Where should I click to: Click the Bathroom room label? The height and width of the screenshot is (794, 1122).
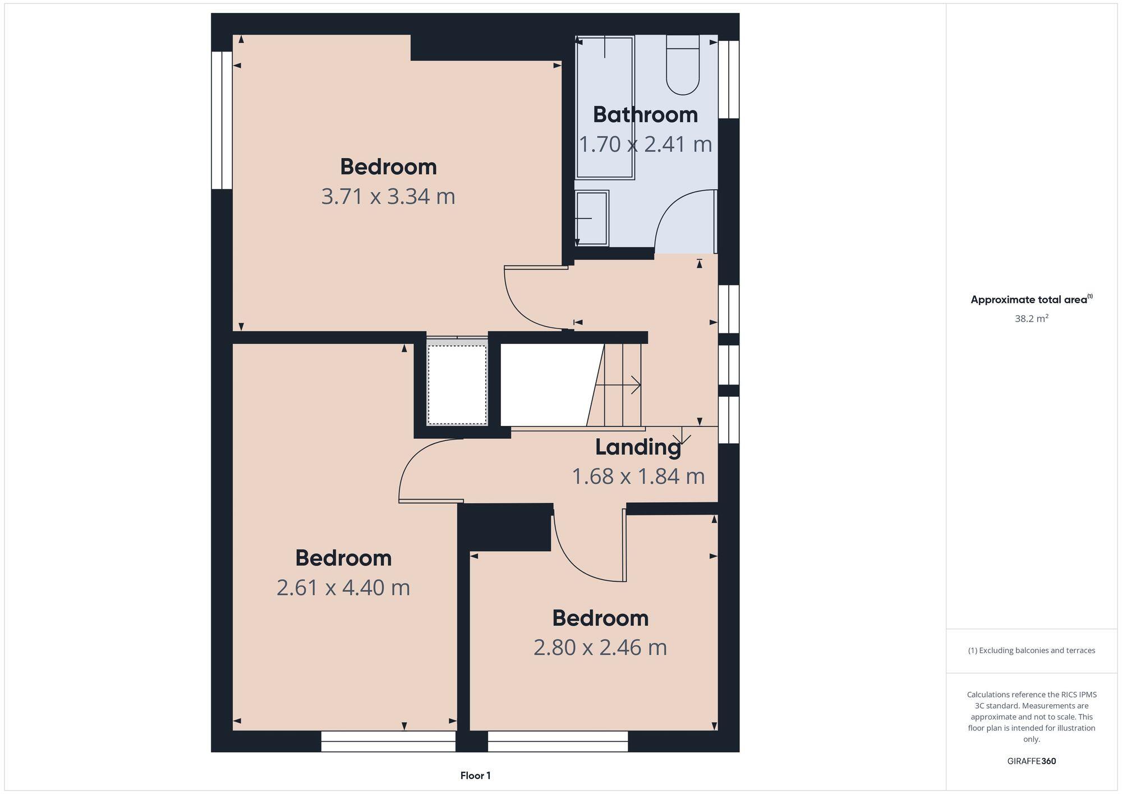(x=645, y=115)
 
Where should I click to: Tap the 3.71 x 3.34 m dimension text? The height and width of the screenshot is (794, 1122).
(x=388, y=196)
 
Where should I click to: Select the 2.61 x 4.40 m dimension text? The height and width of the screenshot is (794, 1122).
(x=343, y=588)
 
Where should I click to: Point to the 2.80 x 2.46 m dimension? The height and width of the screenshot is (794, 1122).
(x=600, y=648)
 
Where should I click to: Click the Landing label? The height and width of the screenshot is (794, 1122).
(x=638, y=447)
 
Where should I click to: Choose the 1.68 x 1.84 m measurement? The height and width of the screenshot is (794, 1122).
(x=638, y=476)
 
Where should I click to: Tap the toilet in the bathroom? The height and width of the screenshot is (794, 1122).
(x=683, y=65)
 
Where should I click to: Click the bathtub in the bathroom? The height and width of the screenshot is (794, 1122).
(x=605, y=107)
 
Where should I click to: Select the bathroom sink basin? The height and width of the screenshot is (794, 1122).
(x=592, y=218)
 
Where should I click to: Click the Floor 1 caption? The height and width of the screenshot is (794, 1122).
(x=475, y=775)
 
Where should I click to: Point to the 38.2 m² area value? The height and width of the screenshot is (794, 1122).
(x=1031, y=319)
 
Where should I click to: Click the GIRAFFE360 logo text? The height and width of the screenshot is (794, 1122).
(x=1031, y=761)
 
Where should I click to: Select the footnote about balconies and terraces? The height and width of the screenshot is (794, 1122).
(x=1031, y=650)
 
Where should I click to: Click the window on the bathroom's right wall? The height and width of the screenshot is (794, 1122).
(x=729, y=79)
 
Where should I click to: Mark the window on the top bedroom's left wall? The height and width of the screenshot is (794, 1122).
(x=222, y=120)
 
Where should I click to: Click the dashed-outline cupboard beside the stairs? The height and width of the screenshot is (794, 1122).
(x=457, y=384)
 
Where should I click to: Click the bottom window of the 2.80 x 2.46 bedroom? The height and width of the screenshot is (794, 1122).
(x=558, y=741)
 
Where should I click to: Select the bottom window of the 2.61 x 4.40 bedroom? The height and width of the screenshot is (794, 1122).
(x=388, y=741)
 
